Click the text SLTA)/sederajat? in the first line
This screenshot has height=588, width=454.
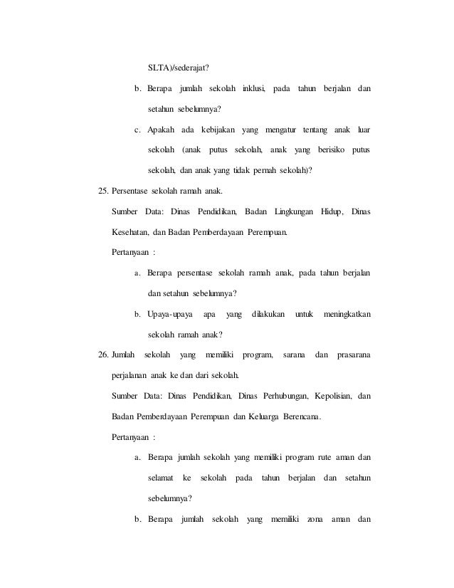pyautogui.click(x=179, y=69)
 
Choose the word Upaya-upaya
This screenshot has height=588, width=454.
pyautogui.click(x=169, y=313)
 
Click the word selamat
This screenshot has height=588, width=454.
pyautogui.click(x=161, y=477)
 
